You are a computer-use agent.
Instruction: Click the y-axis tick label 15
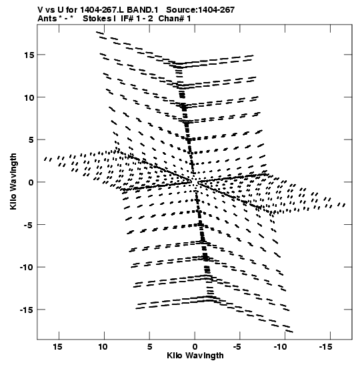(29, 55)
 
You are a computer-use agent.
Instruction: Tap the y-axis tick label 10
(29, 97)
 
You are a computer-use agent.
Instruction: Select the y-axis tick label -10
(26, 267)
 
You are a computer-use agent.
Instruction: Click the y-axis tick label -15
(26, 310)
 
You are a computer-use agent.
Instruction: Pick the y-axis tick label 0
(31, 182)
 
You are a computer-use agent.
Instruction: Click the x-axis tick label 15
(58, 347)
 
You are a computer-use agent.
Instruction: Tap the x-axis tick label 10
(103, 347)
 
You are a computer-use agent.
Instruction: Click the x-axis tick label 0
(195, 347)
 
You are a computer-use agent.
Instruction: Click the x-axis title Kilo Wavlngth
(195, 356)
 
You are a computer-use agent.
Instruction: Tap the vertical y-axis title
(13, 181)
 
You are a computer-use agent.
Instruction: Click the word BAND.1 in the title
(143, 10)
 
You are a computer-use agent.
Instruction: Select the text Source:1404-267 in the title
(201, 10)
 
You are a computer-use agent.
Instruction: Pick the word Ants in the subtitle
(47, 19)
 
